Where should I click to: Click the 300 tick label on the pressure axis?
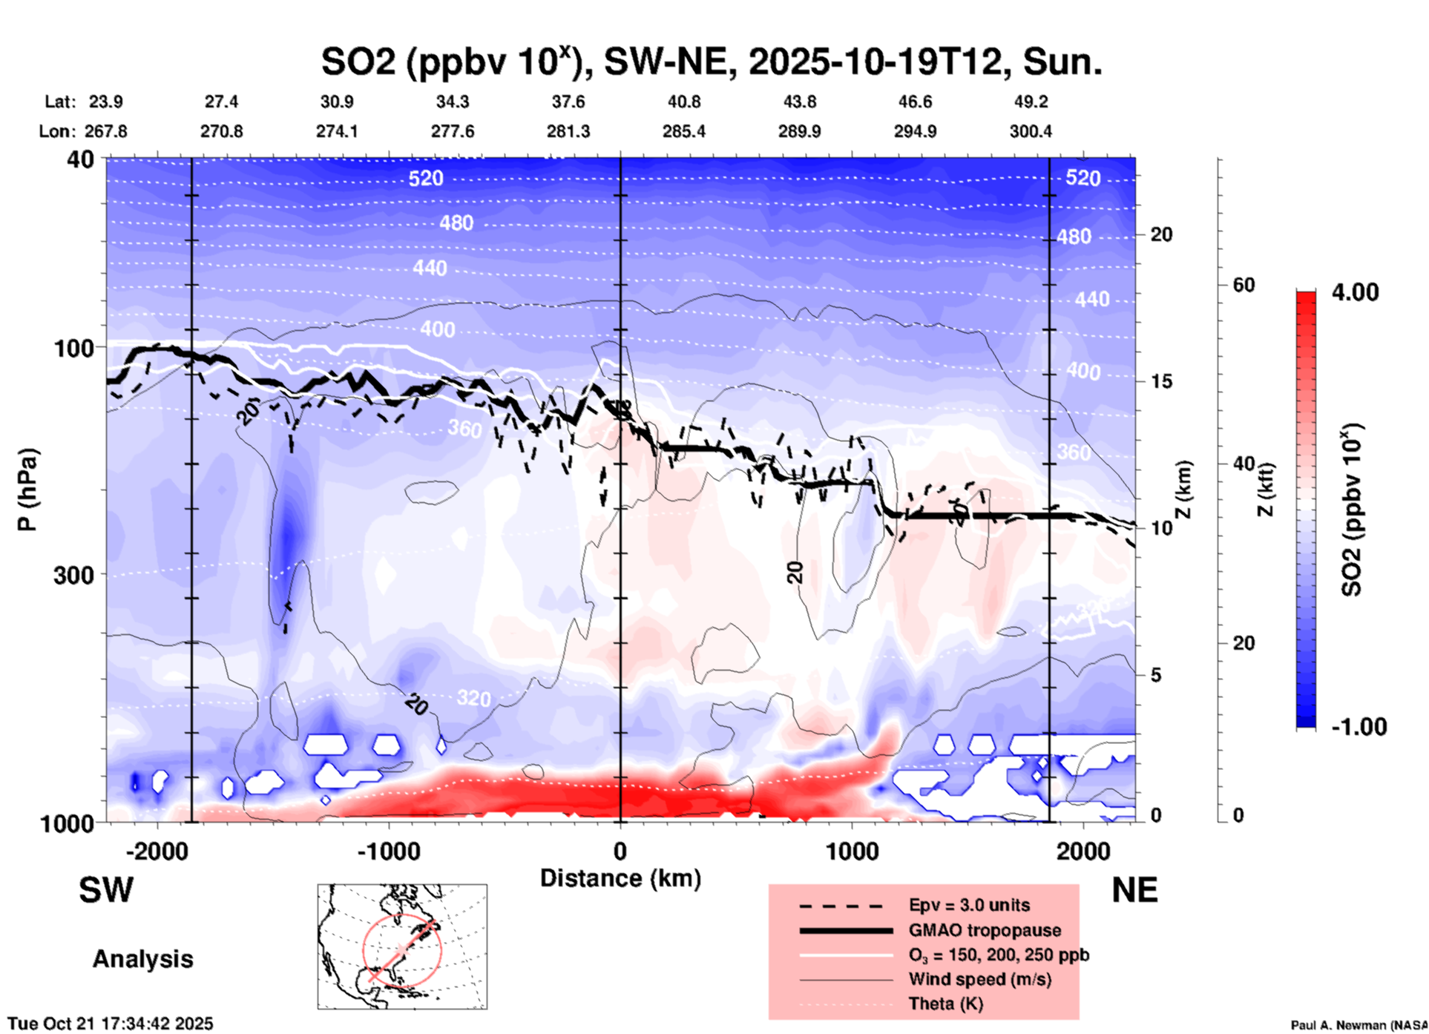[x=73, y=575]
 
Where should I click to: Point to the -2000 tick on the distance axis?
[x=157, y=851]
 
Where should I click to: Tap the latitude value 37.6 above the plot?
[x=568, y=102]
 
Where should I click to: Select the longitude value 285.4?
[x=683, y=131]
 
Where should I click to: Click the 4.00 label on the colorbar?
[x=1355, y=292]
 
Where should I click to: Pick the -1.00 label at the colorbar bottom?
[x=1359, y=727]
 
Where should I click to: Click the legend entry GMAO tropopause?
[x=985, y=930]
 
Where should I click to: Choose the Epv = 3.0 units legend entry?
[x=969, y=905]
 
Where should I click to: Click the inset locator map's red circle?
[x=402, y=950]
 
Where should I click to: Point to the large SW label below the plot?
[x=106, y=890]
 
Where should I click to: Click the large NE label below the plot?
[x=1134, y=890]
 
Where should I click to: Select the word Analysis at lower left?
[x=142, y=959]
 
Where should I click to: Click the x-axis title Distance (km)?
[x=620, y=878]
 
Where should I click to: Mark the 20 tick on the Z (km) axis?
[x=1161, y=234]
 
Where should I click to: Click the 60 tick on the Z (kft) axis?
[x=1244, y=285]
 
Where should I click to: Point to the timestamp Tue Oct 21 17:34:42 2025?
[x=111, y=1024]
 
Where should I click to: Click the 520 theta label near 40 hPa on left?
[x=426, y=178]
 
